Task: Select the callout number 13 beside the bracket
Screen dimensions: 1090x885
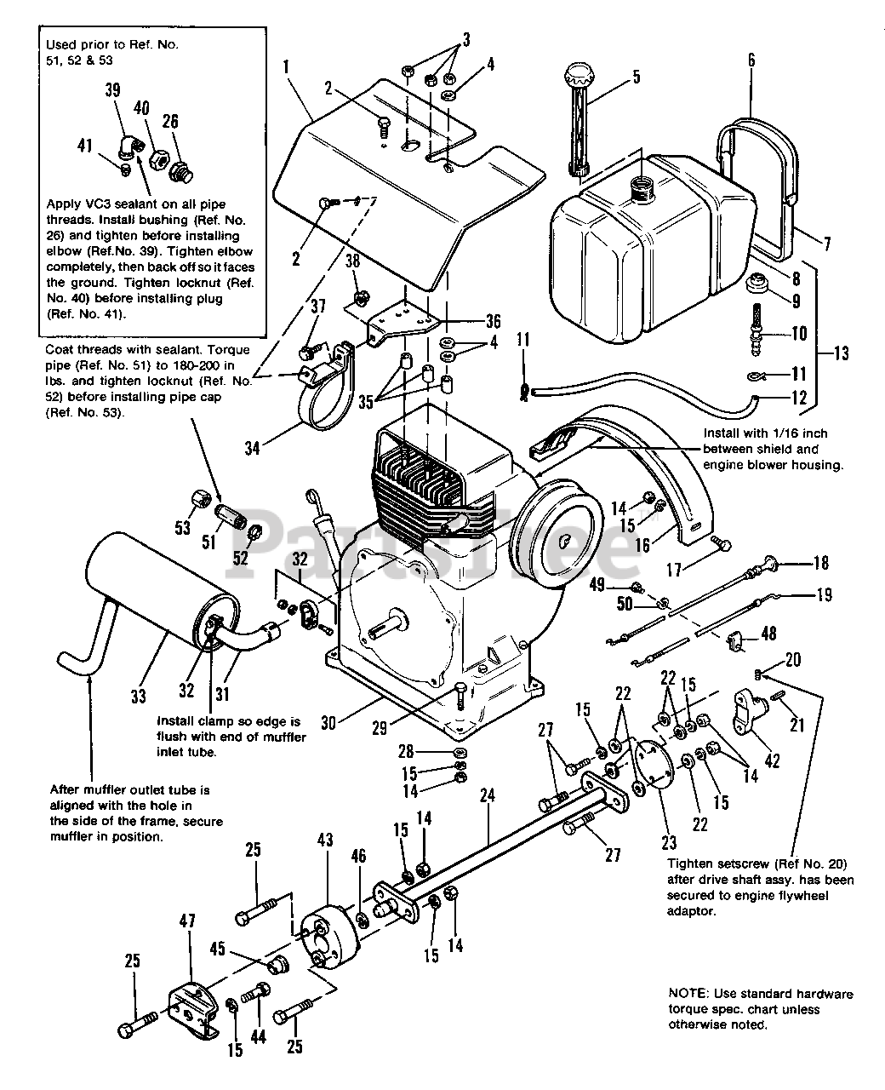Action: click(x=841, y=353)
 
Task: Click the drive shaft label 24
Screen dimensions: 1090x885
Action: click(x=487, y=795)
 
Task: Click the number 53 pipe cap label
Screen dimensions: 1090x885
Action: click(x=183, y=528)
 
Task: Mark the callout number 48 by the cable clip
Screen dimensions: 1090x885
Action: click(x=768, y=634)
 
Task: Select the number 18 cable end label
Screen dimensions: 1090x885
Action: click(x=821, y=563)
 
